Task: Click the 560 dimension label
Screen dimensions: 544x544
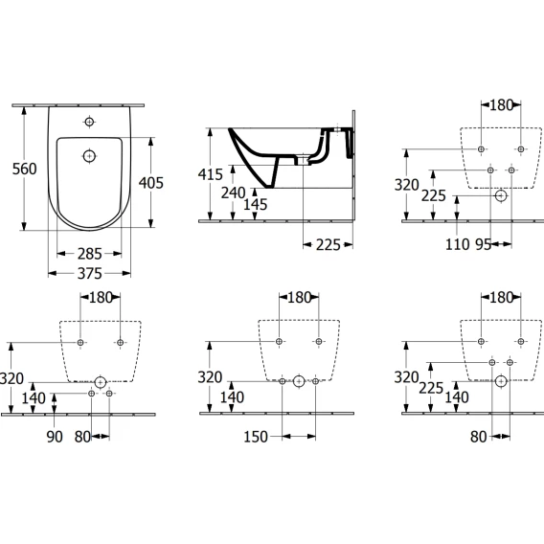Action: pos(24,169)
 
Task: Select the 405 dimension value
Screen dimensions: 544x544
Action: pos(151,183)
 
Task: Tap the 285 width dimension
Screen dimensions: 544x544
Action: pos(89,254)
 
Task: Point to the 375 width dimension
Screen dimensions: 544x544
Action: pos(89,274)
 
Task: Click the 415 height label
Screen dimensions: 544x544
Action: pos(211,174)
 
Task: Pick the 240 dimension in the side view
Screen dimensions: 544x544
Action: pos(233,193)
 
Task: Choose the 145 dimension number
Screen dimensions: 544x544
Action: pos(255,205)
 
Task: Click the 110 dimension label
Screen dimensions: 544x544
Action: pos(458,244)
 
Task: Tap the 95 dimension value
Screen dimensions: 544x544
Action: pos(484,244)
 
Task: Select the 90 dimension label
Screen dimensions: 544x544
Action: pos(55,437)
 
